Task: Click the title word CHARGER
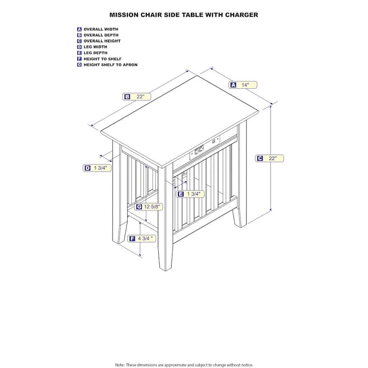click(x=241, y=15)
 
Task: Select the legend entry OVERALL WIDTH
click(x=101, y=29)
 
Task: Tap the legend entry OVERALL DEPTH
click(x=101, y=35)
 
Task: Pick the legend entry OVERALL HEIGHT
click(x=102, y=41)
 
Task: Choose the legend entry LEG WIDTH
click(x=95, y=47)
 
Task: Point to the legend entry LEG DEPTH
click(x=95, y=53)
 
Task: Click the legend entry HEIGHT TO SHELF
click(x=103, y=59)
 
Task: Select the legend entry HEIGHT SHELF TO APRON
click(x=110, y=65)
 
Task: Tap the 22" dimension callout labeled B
click(x=137, y=97)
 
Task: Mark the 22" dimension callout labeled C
click(x=270, y=158)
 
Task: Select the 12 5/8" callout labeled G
click(x=149, y=207)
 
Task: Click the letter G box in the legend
click(x=80, y=65)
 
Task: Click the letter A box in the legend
click(x=80, y=29)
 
